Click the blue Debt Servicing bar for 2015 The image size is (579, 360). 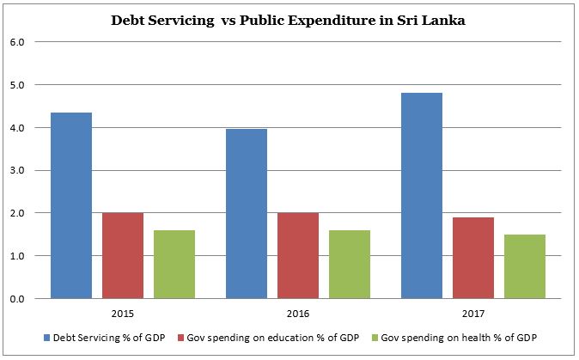pyautogui.click(x=71, y=206)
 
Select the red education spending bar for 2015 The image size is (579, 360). pyautogui.click(x=123, y=256)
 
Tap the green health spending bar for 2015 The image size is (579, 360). pyautogui.click(x=174, y=265)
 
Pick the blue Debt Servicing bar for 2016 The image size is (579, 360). pyautogui.click(x=247, y=214)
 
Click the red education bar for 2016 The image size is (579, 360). pyautogui.click(x=298, y=256)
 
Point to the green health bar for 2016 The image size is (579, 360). pyautogui.click(x=350, y=265)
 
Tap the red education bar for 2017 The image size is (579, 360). pyautogui.click(x=473, y=258)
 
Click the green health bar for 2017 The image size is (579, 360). pyautogui.click(x=525, y=266)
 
